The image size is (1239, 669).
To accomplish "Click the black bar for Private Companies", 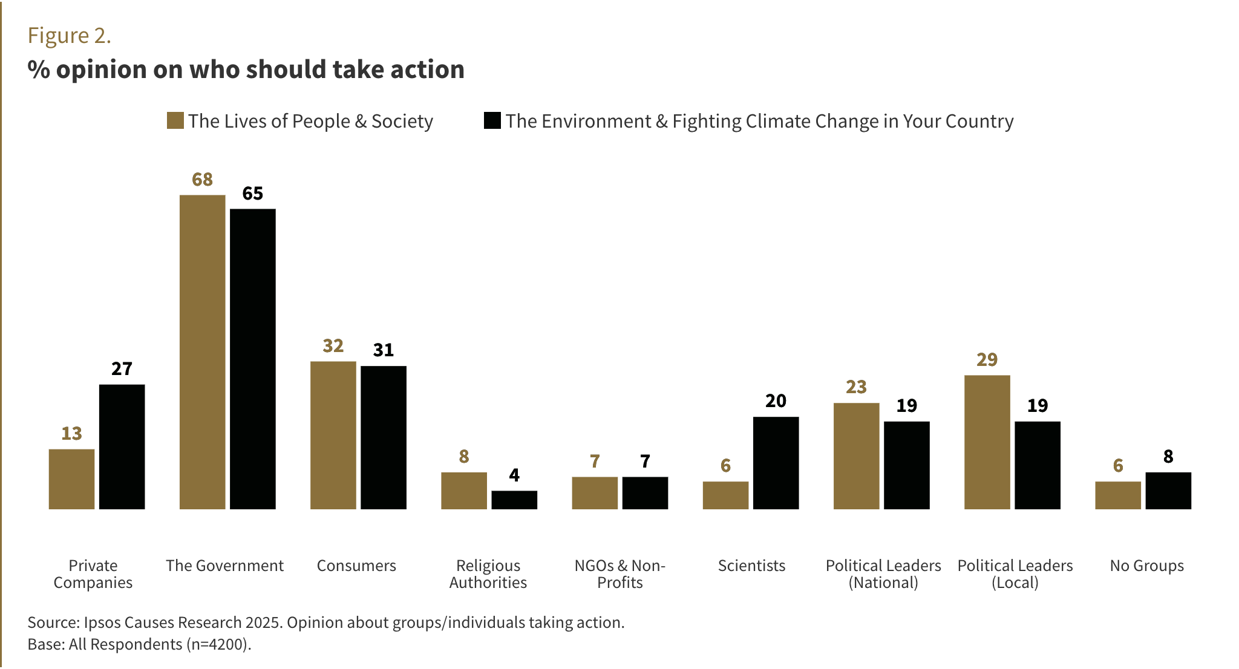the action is [122, 447].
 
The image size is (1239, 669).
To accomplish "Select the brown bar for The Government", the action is [203, 352].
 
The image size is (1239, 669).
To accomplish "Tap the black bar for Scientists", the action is [776, 463].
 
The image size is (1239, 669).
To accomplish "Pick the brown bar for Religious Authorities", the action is [464, 491].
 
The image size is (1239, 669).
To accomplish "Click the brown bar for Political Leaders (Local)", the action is [987, 442].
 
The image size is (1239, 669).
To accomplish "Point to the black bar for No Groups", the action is [1169, 491].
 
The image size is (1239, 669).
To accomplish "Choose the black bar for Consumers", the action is [384, 437].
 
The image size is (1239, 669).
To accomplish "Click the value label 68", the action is [203, 180].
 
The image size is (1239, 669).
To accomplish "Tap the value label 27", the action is [122, 369].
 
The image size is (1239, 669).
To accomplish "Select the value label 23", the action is [857, 387].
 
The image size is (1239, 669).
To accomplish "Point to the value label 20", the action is [776, 401].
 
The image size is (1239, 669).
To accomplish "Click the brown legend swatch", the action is [175, 120].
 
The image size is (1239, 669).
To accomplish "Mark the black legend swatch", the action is [492, 120].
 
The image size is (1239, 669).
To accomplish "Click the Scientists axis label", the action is [752, 566].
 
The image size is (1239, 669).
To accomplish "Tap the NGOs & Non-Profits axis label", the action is [620, 574].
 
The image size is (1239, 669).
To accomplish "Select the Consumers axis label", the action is [356, 566].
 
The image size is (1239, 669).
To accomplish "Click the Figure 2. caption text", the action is [70, 36].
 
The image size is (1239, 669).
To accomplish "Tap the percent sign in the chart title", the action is [39, 70].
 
